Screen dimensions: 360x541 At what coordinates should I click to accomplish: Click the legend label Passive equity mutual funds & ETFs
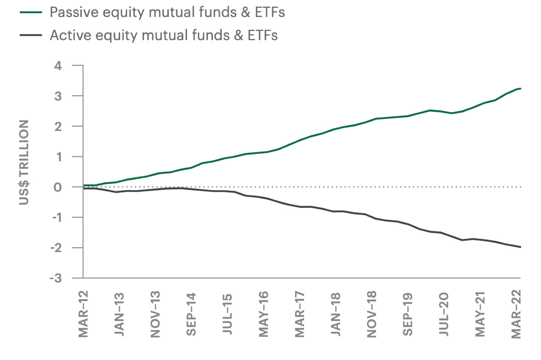click(x=167, y=13)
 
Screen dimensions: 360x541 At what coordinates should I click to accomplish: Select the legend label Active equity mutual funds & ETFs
click(x=164, y=36)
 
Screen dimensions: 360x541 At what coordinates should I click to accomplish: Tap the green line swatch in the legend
click(x=31, y=13)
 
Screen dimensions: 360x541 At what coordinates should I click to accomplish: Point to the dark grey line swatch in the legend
click(x=31, y=35)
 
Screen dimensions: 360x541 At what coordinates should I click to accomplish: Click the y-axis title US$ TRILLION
click(x=24, y=162)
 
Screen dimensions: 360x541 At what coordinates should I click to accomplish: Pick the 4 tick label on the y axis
click(x=58, y=66)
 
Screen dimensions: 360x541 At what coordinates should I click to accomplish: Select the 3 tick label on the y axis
click(x=58, y=96)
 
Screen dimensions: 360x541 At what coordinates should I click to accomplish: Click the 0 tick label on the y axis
click(x=58, y=187)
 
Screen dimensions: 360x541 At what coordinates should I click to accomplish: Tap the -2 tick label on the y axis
click(x=56, y=248)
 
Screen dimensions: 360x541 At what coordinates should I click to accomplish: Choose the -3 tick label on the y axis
click(x=56, y=278)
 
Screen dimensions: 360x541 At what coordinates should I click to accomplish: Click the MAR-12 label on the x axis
click(x=83, y=314)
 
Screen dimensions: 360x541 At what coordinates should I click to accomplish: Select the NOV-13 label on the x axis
click(x=155, y=314)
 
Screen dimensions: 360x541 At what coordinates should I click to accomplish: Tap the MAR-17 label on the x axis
click(x=300, y=314)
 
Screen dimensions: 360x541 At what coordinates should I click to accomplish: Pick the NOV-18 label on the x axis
click(x=372, y=314)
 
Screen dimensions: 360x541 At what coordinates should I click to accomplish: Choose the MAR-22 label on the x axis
click(x=516, y=314)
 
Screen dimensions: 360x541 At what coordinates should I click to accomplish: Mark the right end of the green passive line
click(x=520, y=89)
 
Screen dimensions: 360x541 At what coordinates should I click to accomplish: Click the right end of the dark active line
click(x=520, y=247)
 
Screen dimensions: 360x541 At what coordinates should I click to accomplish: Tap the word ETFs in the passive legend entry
click(x=270, y=13)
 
